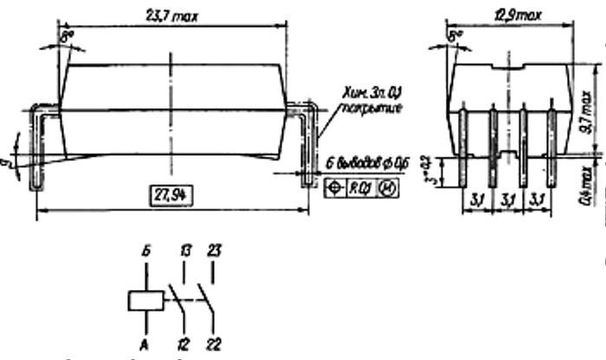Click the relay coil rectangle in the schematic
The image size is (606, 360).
145,302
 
